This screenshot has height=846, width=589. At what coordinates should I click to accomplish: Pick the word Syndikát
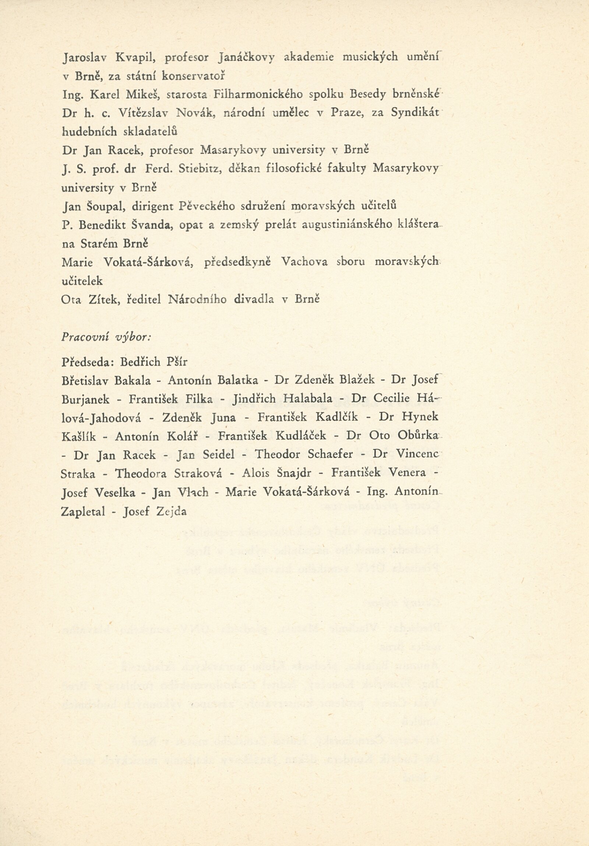pyautogui.click(x=415, y=113)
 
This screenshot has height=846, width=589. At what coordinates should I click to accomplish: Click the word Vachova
pyautogui.click(x=304, y=262)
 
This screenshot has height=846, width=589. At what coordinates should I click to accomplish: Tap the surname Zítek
pyautogui.click(x=103, y=299)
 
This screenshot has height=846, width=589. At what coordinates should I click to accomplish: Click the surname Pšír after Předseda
pyautogui.click(x=177, y=362)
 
